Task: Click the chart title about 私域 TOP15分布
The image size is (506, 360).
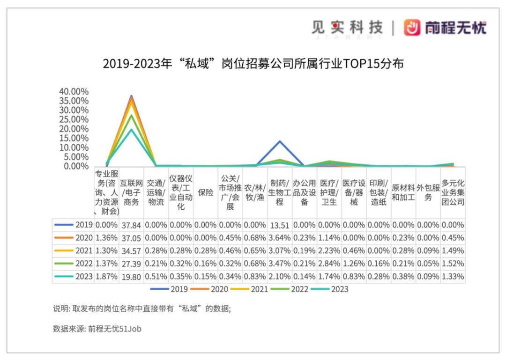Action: [253, 64]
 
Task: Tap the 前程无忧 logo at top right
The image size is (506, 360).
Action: [446, 28]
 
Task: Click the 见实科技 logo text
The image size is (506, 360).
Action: [347, 27]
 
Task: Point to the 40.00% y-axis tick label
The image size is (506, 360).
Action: [74, 91]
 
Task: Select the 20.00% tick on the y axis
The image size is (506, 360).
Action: [74, 129]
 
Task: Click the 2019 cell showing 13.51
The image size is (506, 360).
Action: [280, 225]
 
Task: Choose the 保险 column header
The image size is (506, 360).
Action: [206, 192]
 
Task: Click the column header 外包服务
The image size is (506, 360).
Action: [428, 192]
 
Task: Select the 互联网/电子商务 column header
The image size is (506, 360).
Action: [132, 192]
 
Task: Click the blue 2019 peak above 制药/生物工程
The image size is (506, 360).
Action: [280, 141]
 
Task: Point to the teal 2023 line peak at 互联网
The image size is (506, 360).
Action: [132, 129]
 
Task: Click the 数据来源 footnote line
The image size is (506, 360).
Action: [97, 329]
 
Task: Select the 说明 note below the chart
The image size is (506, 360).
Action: [142, 309]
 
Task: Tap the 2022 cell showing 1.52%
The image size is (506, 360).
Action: [453, 264]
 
